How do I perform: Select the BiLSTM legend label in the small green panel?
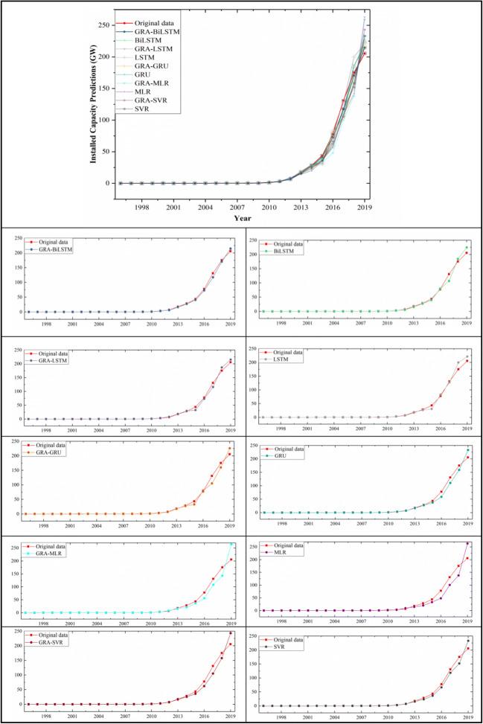(x=294, y=250)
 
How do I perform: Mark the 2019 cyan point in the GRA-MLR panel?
(x=231, y=543)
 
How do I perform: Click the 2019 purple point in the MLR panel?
(x=467, y=543)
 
